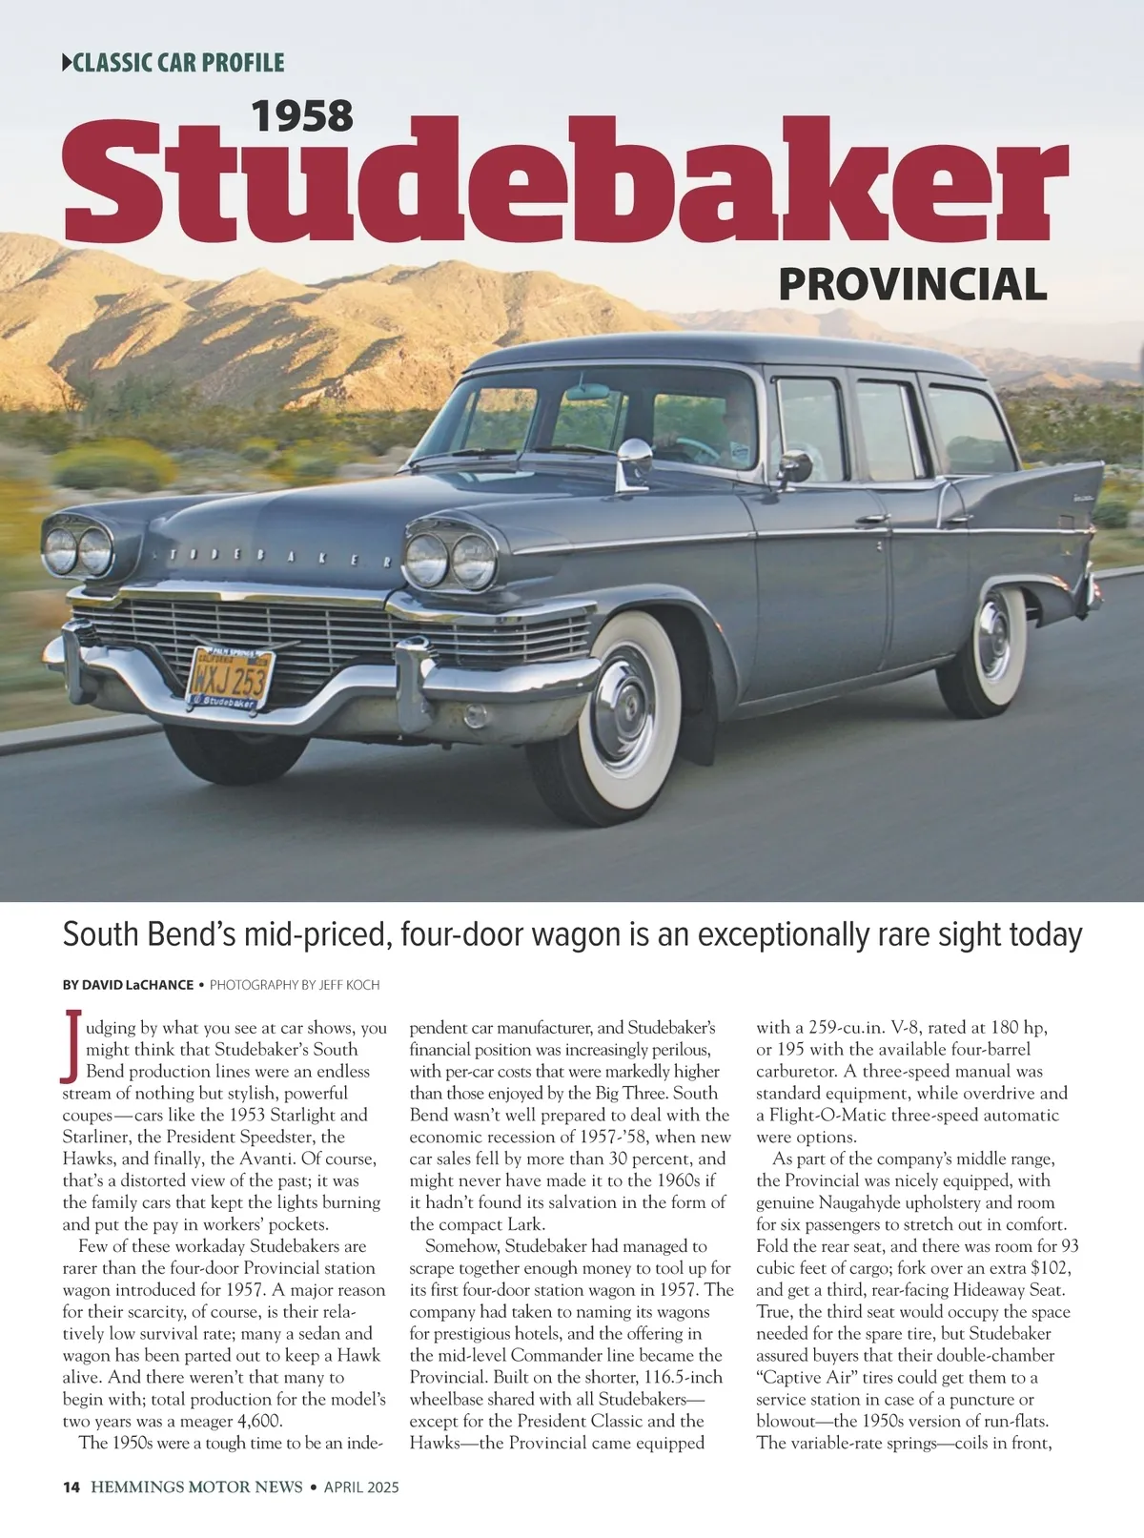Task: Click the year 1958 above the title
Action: click(302, 116)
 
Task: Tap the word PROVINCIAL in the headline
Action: click(912, 284)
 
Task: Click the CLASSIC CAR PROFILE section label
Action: click(174, 64)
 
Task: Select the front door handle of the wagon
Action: click(872, 521)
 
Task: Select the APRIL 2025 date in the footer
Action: click(361, 1487)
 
